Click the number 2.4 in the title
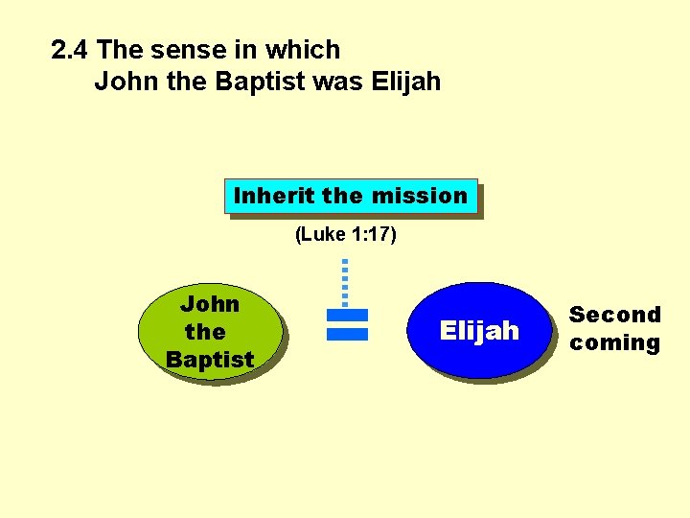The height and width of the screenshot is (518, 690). click(x=71, y=50)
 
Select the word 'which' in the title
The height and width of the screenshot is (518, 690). click(x=304, y=50)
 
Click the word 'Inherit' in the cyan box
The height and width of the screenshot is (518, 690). click(x=275, y=196)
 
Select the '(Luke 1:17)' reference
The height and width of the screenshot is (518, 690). click(x=345, y=235)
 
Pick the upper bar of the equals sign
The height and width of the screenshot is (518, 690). click(x=347, y=315)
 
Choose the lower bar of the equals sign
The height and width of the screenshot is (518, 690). click(x=347, y=334)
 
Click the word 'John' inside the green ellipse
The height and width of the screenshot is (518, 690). click(x=210, y=304)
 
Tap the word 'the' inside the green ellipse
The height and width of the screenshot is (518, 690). click(x=205, y=332)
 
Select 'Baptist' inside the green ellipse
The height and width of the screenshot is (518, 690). click(x=210, y=360)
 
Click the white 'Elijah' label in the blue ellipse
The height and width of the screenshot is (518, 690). click(x=479, y=331)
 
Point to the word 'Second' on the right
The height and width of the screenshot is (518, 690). click(x=615, y=315)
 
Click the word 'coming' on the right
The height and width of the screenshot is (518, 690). click(x=615, y=343)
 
